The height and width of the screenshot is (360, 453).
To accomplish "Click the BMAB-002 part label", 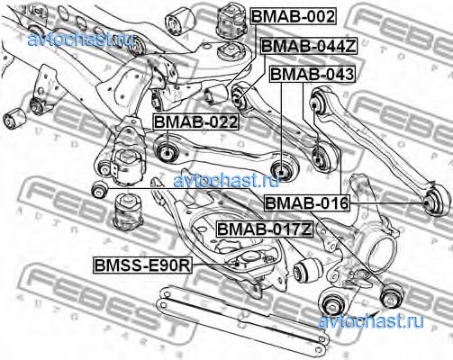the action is pyautogui.click(x=294, y=16).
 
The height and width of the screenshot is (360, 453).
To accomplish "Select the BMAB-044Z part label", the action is pyautogui.click(x=309, y=46).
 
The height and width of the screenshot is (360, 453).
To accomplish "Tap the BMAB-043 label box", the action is pyautogui.click(x=313, y=74).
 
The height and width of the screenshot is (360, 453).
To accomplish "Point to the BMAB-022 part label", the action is pyautogui.click(x=196, y=121).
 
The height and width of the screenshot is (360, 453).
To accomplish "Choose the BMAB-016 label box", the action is pyautogui.click(x=307, y=203).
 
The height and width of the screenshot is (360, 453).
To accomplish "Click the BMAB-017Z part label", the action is pyautogui.click(x=265, y=229).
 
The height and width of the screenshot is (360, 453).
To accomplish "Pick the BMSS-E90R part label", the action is pyautogui.click(x=143, y=265).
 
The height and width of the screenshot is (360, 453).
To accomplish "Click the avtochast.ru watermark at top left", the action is pyautogui.click(x=80, y=40).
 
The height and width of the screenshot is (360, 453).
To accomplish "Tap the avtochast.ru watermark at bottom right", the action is pyautogui.click(x=371, y=321).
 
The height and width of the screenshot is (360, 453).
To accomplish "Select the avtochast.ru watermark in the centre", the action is pyautogui.click(x=227, y=180).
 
